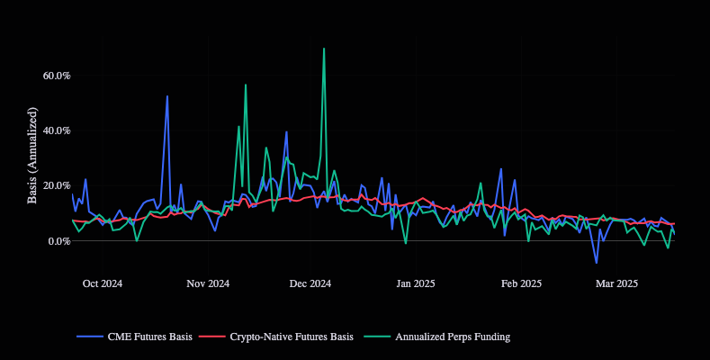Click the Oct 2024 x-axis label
click(x=102, y=283)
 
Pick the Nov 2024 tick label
click(x=208, y=283)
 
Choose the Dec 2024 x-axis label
click(x=310, y=283)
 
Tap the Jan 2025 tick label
click(x=415, y=283)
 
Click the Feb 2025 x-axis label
click(x=521, y=283)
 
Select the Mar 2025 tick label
click(x=616, y=283)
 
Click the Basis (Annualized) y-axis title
click(x=32, y=155)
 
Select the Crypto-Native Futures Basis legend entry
click(x=292, y=337)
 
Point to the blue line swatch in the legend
click(x=90, y=337)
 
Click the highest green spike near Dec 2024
click(x=324, y=49)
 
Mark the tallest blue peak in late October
click(x=167, y=96)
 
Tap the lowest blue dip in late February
click(x=596, y=263)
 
